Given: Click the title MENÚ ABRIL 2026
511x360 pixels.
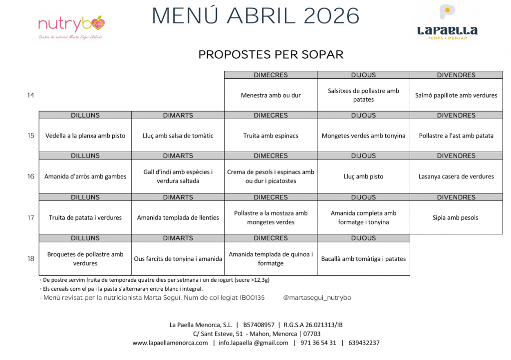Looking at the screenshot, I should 255,16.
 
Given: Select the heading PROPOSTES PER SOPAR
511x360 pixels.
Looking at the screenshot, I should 271,54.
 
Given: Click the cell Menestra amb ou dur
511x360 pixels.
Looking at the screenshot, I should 270,95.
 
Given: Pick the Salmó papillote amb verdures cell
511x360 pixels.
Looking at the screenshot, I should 456,95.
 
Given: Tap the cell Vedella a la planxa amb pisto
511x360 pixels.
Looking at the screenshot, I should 85,136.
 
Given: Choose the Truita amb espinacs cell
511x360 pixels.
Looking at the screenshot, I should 270,136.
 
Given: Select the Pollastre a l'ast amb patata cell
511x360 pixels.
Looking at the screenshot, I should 456,136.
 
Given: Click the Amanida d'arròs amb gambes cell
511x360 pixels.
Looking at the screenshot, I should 85,177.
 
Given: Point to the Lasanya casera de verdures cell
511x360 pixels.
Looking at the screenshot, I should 456,177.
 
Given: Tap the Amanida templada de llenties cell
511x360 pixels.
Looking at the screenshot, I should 178,217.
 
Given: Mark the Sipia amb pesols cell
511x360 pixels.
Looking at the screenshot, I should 456,217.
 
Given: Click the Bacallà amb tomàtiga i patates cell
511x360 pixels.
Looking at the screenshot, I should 363,259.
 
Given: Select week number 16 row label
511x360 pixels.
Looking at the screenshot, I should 31,177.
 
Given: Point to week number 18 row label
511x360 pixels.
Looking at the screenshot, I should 31,259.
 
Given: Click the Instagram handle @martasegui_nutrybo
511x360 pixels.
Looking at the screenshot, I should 317,298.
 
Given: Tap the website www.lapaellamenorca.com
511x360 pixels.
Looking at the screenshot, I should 170,343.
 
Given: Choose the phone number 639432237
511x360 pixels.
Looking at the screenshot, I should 364,343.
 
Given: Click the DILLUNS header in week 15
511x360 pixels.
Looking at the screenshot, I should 85,115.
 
